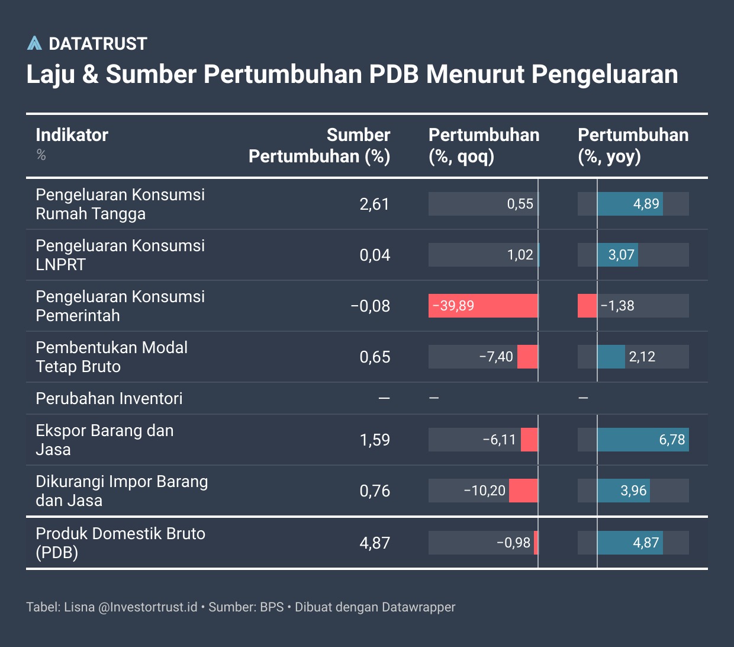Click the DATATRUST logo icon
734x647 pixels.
tap(34, 43)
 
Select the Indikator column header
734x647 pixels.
tap(72, 135)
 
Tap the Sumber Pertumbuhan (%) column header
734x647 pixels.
tap(320, 145)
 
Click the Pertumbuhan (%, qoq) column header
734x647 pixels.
tap(484, 145)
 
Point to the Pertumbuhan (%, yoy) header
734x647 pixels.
tap(633, 145)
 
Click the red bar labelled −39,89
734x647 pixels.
tap(483, 306)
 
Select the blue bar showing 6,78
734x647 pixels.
tap(643, 440)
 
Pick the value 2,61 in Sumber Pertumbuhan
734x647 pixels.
tap(374, 204)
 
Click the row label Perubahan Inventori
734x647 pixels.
tap(109, 398)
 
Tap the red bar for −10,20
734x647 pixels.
tap(523, 491)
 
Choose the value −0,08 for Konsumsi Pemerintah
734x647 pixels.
tap(370, 306)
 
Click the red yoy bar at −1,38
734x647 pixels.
tap(587, 306)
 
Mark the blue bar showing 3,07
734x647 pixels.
tap(617, 255)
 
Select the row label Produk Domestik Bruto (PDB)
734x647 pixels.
tap(120, 543)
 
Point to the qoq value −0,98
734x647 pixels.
tap(513, 543)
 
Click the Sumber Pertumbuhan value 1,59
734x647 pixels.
tap(375, 440)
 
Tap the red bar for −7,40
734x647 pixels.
tap(527, 357)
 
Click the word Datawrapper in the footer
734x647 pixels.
tap(418, 607)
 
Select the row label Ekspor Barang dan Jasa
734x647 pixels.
tap(104, 440)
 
